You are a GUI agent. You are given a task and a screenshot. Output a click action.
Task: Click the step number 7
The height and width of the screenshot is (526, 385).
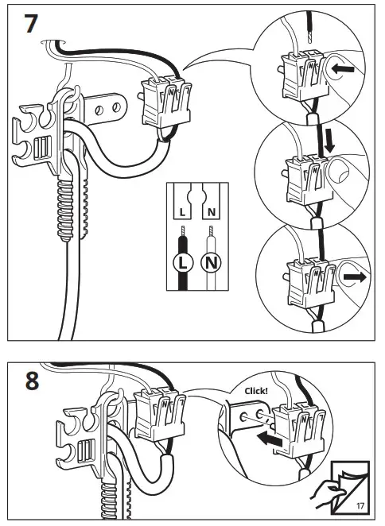(x=30, y=23)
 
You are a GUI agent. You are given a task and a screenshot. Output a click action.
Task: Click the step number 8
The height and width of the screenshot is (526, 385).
(x=33, y=381)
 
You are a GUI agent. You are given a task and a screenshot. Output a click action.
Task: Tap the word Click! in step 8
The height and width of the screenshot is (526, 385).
(x=256, y=391)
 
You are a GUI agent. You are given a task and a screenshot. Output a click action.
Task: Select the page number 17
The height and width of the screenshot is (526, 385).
(x=360, y=506)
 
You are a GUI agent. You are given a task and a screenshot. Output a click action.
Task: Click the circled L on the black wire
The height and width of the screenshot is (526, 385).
(x=183, y=262)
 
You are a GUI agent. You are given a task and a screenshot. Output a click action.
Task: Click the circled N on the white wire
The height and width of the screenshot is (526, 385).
(x=211, y=262)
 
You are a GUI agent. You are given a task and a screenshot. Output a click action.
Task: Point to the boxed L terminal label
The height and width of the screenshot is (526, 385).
(x=182, y=212)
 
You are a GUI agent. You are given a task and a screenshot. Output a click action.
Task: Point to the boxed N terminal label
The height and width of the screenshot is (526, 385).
(x=212, y=212)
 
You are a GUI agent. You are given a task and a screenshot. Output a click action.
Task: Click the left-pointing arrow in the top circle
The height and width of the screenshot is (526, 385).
(x=342, y=69)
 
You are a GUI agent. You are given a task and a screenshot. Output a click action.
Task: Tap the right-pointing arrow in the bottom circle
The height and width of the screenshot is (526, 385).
(x=355, y=277)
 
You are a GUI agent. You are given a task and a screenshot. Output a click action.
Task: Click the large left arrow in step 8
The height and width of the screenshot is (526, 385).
(x=269, y=439)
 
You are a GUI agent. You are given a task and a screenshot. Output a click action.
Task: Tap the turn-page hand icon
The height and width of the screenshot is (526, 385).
(x=328, y=493)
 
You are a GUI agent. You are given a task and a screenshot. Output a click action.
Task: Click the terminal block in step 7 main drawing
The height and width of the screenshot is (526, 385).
(x=166, y=102)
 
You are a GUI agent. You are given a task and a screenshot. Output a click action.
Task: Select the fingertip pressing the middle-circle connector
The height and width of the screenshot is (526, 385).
(x=338, y=170)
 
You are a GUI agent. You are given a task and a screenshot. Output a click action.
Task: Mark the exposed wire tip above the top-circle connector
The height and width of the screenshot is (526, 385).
(x=309, y=35)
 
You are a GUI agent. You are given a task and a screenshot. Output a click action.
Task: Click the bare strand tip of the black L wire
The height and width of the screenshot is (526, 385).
(x=183, y=231)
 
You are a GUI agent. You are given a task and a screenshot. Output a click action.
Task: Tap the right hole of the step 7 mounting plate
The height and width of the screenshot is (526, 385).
(x=117, y=107)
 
